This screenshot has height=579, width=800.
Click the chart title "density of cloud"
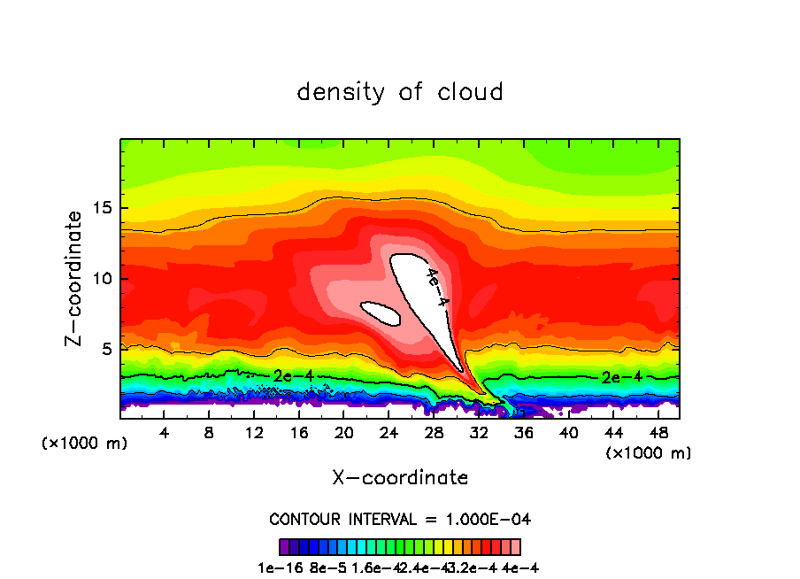point(400,92)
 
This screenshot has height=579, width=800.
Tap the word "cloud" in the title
point(473,92)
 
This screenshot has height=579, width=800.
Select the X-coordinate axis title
point(400,478)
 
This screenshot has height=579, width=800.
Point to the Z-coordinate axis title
point(75,278)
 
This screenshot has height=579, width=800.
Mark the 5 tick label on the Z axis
point(106,349)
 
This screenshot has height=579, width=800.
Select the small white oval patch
point(381,312)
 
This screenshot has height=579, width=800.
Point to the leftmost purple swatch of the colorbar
point(284,546)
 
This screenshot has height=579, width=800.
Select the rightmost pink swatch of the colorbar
point(516,546)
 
